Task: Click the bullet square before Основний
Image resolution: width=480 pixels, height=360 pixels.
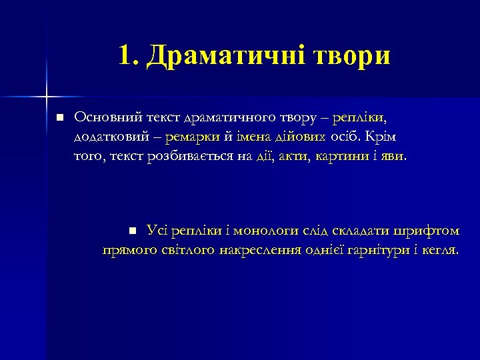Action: pyautogui.click(x=59, y=117)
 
